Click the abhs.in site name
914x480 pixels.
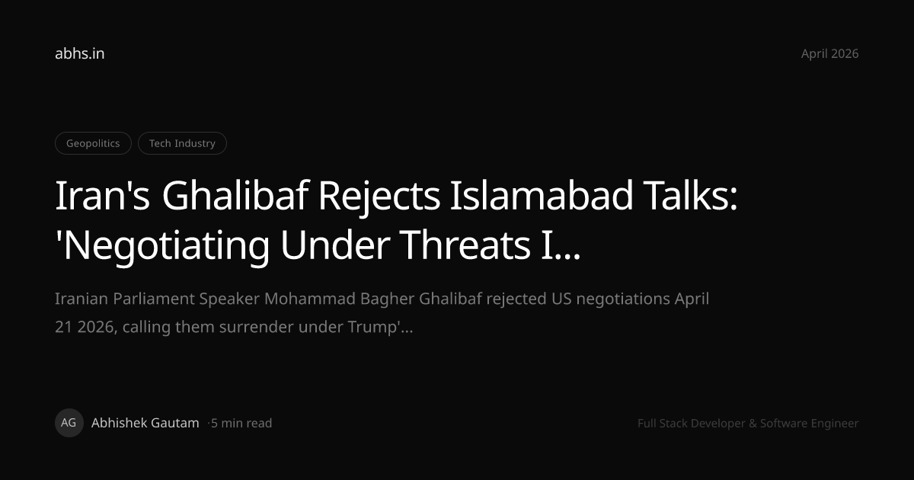[x=79, y=53]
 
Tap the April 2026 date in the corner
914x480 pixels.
[x=829, y=54]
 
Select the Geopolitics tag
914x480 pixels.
[x=93, y=143]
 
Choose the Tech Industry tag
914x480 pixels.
[x=182, y=143]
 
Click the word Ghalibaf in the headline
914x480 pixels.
[x=235, y=196]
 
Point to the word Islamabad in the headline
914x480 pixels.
[x=542, y=196]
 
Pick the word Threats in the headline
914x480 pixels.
[x=465, y=245]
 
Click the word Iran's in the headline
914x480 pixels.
[x=102, y=196]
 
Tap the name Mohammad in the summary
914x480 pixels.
[x=310, y=299]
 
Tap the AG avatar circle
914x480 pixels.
[x=69, y=423]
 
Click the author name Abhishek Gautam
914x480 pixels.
[x=145, y=423]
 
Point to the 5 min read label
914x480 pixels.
[x=241, y=423]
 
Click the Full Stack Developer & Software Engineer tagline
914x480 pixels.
[x=748, y=424]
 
